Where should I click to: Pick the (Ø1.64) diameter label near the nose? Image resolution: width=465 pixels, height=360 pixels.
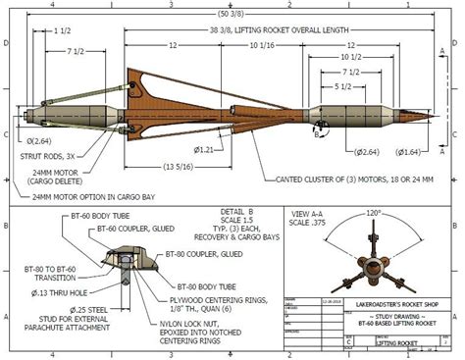coord(409,151)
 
